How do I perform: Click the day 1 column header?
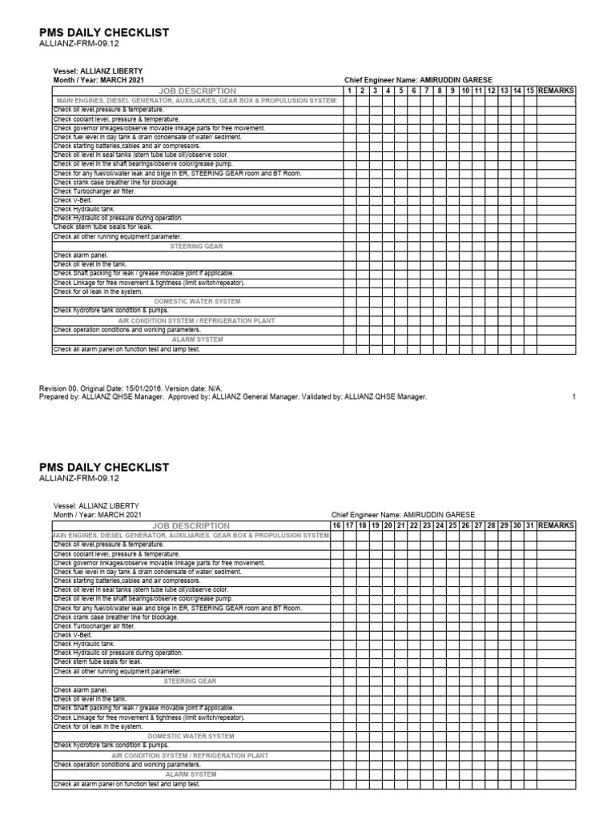[x=350, y=91]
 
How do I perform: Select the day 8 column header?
[x=440, y=91]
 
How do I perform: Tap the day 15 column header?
[x=529, y=91]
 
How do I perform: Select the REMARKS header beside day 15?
[x=556, y=91]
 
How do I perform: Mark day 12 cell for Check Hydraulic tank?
[x=491, y=209]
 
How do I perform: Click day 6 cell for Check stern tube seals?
[x=414, y=227]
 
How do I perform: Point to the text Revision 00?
[x=60, y=388]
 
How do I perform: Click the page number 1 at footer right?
[x=574, y=396]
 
